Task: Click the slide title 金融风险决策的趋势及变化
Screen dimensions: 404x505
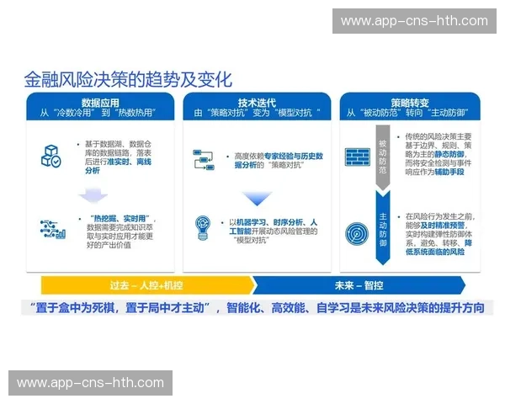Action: (x=128, y=80)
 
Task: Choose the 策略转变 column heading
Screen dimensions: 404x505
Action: (x=410, y=100)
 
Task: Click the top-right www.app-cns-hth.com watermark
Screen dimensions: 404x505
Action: (x=414, y=21)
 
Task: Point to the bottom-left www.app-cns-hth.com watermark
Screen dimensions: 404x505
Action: (x=91, y=383)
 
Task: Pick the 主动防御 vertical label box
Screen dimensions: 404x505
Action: (x=382, y=229)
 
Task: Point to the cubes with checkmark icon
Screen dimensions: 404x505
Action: (x=51, y=156)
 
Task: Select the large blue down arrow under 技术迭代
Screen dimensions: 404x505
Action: (x=257, y=199)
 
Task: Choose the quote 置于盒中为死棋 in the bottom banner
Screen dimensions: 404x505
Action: (x=80, y=308)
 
